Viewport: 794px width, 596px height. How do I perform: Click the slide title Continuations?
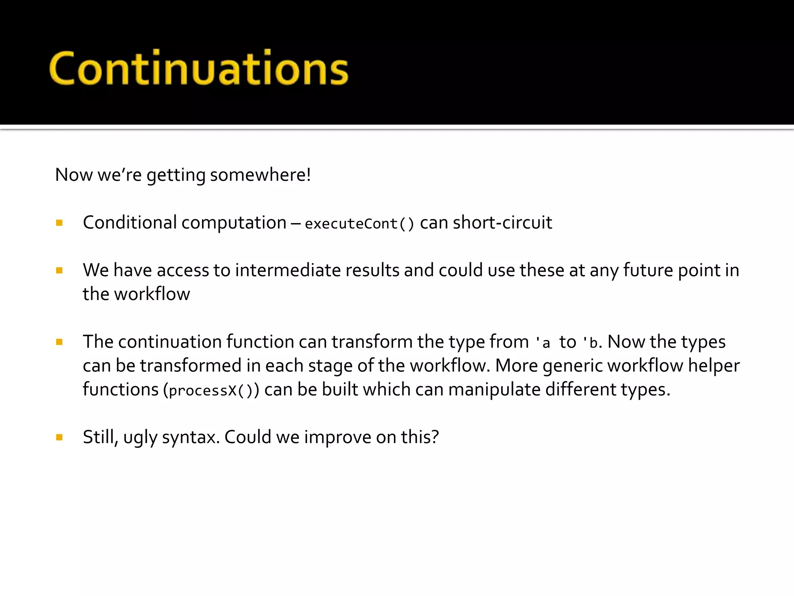[198, 68]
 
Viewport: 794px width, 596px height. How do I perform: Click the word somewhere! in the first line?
[261, 175]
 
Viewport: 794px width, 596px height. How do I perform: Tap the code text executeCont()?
[359, 224]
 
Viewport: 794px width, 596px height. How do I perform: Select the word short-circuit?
[502, 223]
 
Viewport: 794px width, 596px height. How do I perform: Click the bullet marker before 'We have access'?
[59, 270]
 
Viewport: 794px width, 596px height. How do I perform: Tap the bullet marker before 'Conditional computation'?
[59, 223]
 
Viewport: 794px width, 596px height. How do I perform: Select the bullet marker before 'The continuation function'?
[59, 342]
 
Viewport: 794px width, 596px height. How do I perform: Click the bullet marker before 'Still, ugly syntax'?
[59, 438]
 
